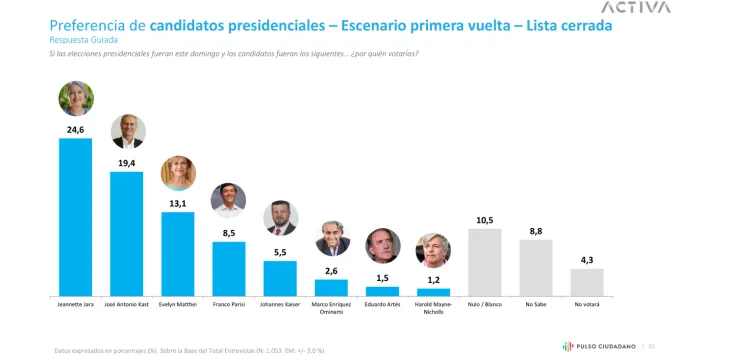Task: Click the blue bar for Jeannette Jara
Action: click(76, 216)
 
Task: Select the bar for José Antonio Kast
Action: click(127, 233)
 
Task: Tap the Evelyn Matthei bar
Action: click(178, 253)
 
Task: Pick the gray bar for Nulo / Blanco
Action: click(485, 262)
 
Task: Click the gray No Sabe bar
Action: click(536, 267)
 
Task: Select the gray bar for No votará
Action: click(587, 282)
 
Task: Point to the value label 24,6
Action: click(76, 129)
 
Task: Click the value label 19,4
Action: click(127, 162)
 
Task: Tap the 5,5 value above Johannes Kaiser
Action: click(280, 252)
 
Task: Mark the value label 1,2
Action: click(433, 280)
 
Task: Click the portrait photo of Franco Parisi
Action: click(229, 200)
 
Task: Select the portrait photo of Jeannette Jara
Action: click(76, 99)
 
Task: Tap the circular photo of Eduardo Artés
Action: click(382, 246)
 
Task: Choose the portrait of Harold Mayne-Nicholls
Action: click(433, 249)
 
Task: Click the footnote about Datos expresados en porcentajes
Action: click(190, 350)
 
